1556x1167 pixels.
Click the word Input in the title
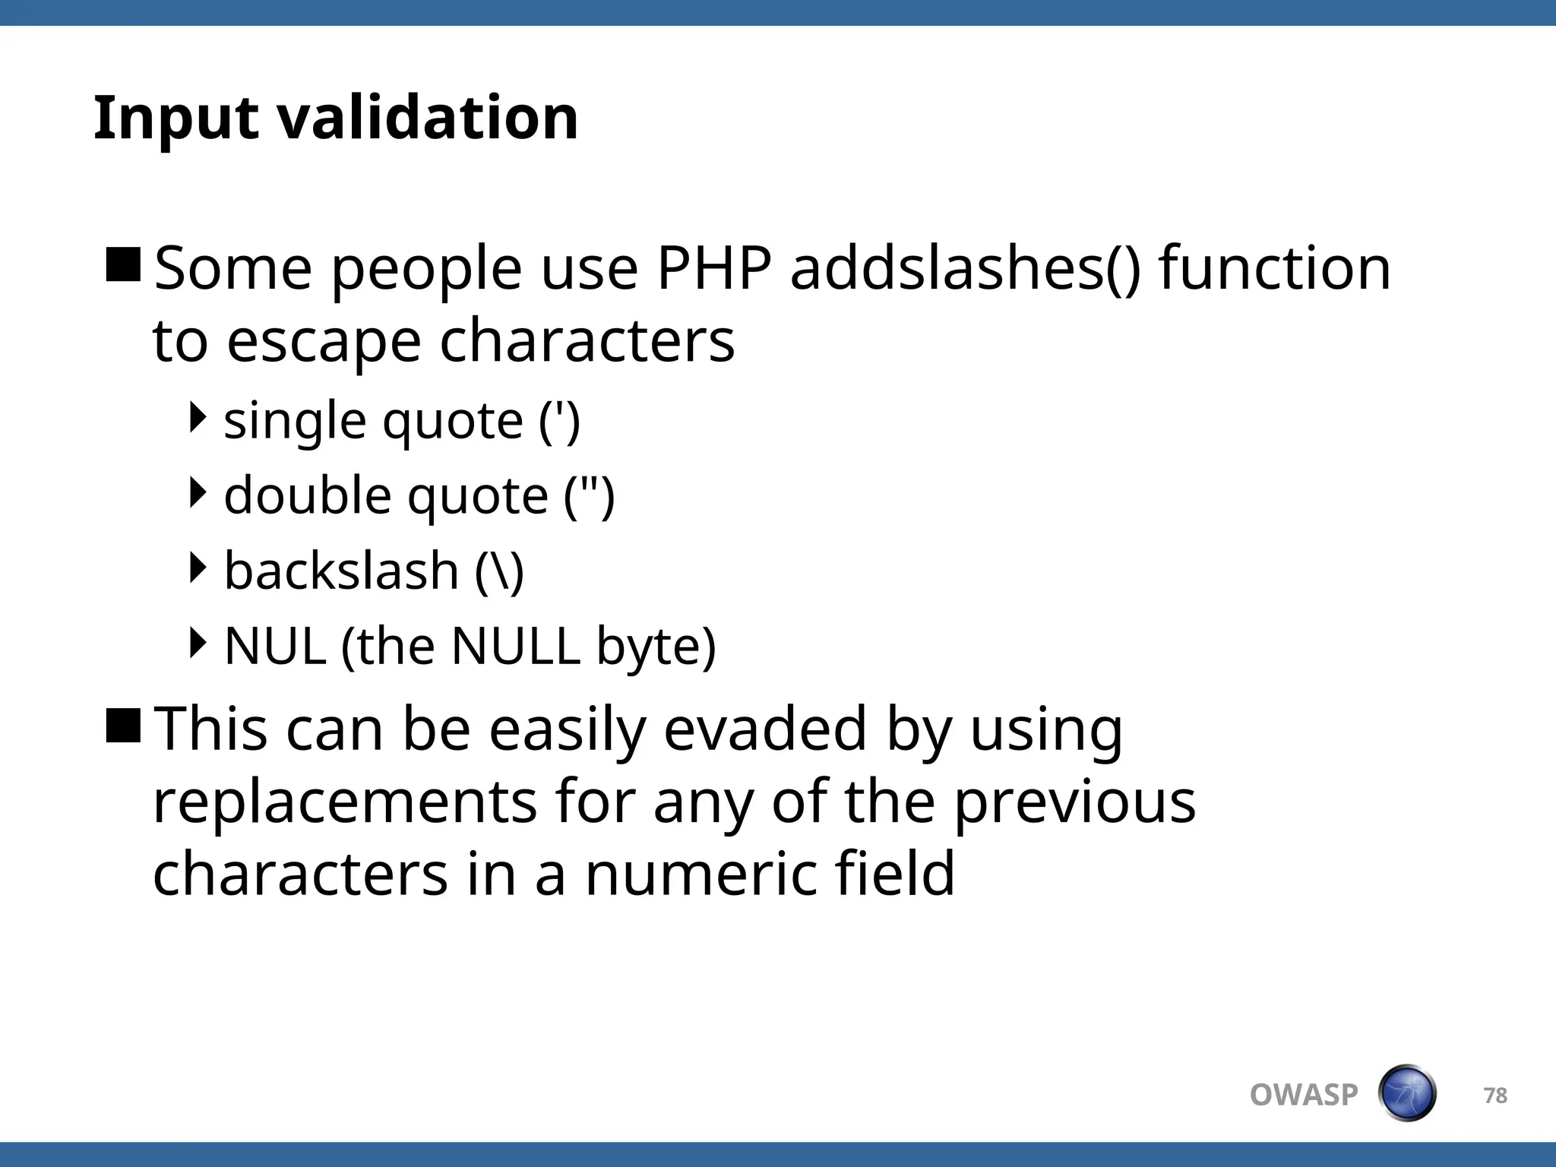pyautogui.click(x=176, y=119)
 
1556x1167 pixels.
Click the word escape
pyautogui.click(x=324, y=342)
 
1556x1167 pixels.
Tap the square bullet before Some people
pyautogui.click(x=123, y=265)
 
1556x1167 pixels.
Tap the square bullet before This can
pyautogui.click(x=123, y=726)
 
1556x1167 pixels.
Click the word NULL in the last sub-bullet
pyautogui.click(x=515, y=646)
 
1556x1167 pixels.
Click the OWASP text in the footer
pyautogui.click(x=1304, y=1095)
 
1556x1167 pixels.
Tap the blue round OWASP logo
pyautogui.click(x=1406, y=1093)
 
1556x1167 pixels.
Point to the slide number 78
pyautogui.click(x=1495, y=1096)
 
